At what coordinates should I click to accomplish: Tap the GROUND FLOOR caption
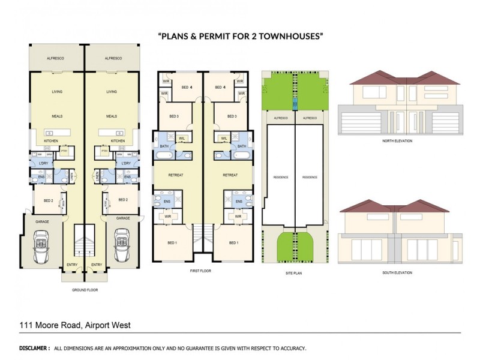[84, 290]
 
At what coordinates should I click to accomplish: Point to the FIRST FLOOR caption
[200, 271]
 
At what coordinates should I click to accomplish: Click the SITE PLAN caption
[295, 272]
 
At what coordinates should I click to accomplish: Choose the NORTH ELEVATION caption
[397, 141]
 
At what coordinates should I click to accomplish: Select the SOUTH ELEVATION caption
[397, 273]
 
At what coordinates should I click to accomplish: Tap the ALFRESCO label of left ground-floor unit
[56, 58]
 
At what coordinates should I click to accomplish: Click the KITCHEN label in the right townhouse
[118, 140]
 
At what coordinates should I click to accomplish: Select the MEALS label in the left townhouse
[57, 116]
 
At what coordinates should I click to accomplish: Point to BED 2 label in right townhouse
[124, 200]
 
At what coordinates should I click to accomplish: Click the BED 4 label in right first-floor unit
[220, 88]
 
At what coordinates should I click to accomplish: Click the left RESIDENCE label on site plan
[281, 178]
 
